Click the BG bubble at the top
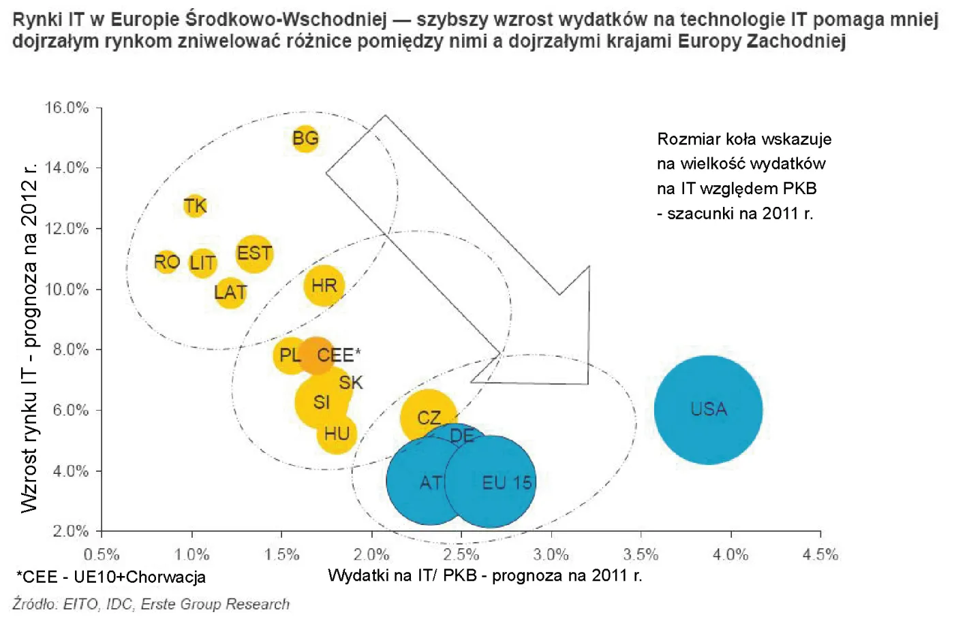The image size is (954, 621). [x=305, y=138]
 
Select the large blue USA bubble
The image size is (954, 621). [x=708, y=409]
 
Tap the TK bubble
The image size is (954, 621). [x=195, y=206]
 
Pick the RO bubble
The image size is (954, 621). [x=166, y=261]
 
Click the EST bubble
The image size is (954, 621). [x=254, y=253]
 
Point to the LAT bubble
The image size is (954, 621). [x=230, y=292]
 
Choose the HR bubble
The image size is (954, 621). [x=324, y=285]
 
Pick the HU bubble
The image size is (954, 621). [x=337, y=434]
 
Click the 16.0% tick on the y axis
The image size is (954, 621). [x=67, y=108]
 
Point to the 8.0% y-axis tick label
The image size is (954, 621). [x=71, y=349]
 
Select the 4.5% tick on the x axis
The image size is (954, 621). [x=820, y=554]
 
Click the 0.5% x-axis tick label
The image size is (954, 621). [x=102, y=554]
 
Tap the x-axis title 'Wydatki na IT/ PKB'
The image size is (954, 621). [x=484, y=575]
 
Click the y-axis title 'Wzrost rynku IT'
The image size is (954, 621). [x=29, y=338]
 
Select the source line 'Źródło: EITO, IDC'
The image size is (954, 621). [x=151, y=604]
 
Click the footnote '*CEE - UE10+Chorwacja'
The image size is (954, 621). [x=111, y=577]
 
